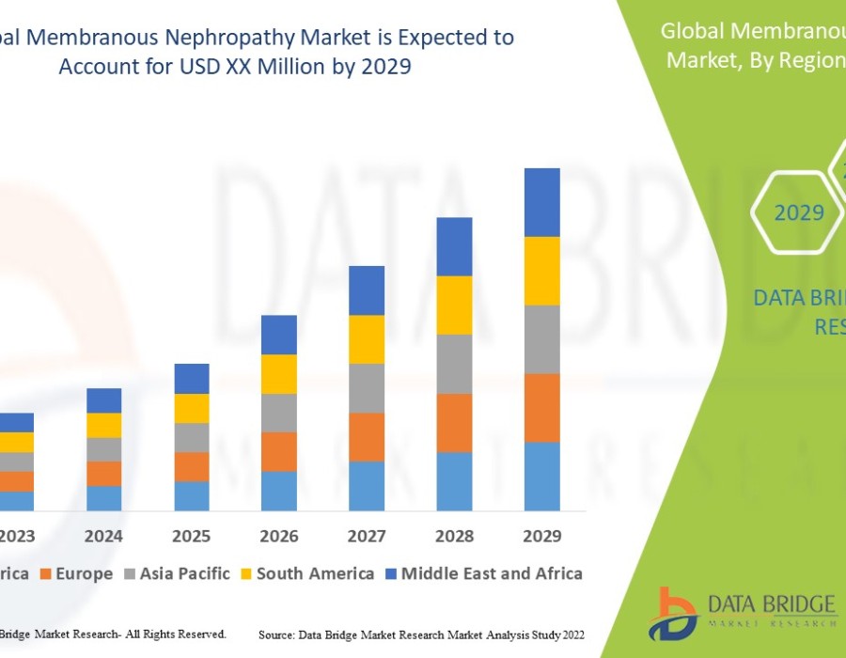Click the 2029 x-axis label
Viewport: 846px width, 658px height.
541,536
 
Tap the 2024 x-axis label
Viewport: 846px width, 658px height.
103,536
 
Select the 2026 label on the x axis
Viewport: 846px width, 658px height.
279,536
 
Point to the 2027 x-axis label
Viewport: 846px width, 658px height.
367,536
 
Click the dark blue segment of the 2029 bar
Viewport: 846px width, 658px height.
541,202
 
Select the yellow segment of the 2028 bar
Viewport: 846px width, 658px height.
454,305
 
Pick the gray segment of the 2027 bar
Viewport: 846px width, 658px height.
367,388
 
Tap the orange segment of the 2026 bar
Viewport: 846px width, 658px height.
279,451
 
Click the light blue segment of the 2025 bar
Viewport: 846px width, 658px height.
192,496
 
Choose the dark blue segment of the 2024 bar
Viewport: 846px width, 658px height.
103,400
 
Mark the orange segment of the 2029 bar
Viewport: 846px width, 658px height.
541,408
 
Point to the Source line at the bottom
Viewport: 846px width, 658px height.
421,635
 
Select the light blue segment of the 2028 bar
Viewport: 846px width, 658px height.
454,481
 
